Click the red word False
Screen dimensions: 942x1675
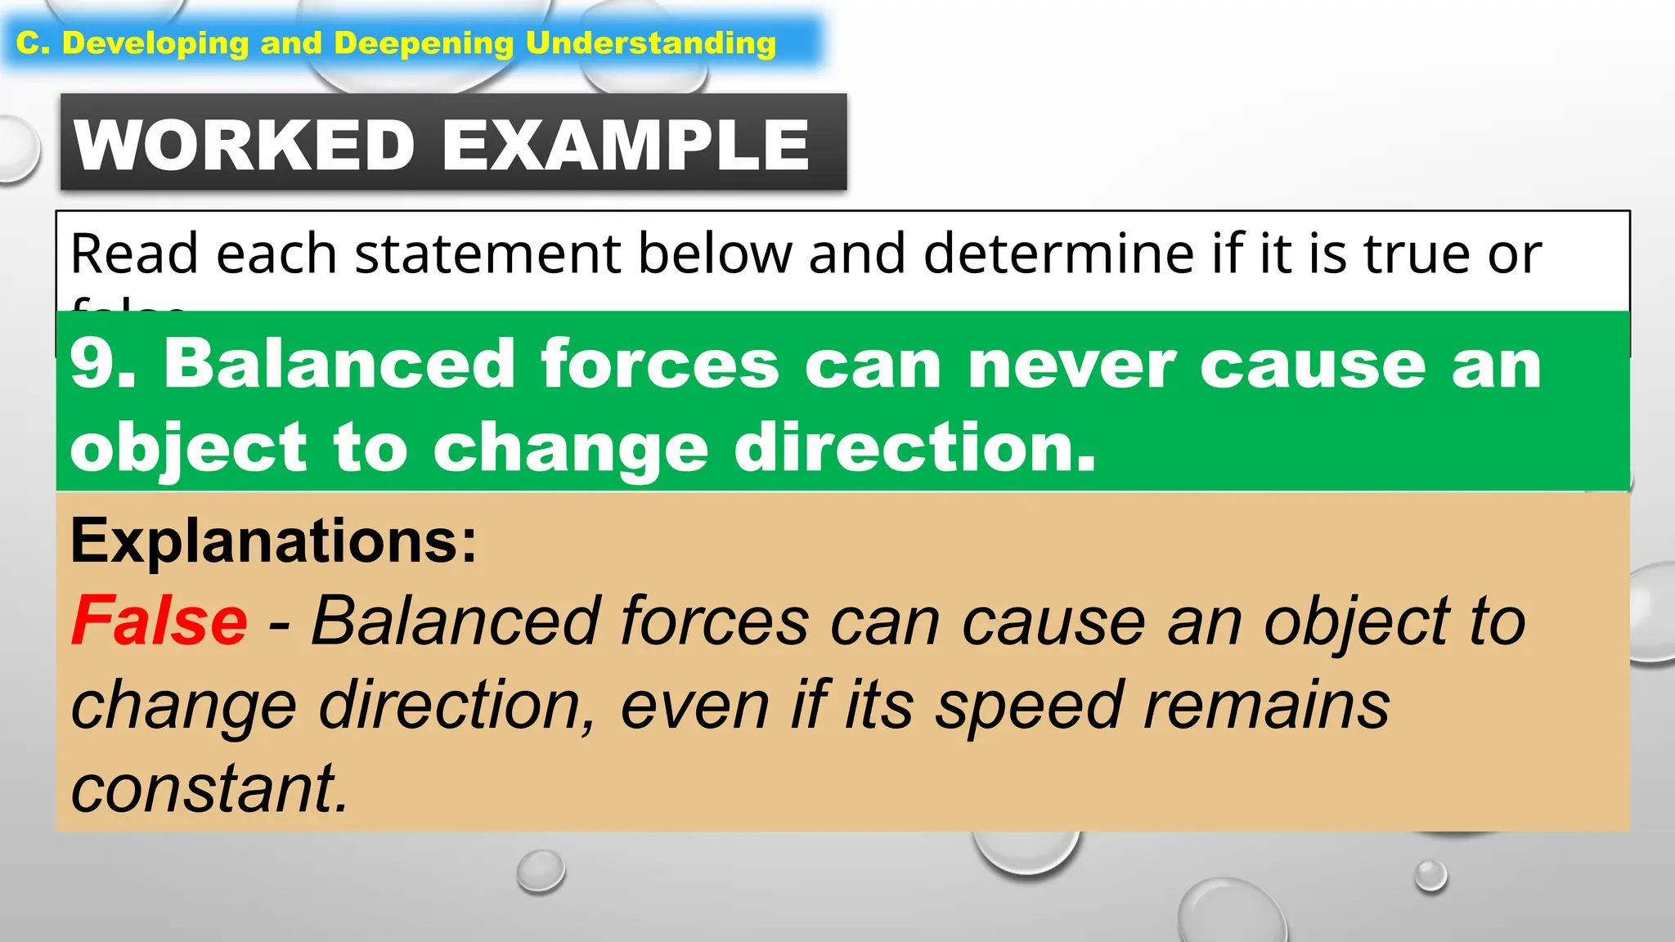pos(159,622)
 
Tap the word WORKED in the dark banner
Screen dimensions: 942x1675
pos(245,145)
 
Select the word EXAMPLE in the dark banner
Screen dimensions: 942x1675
pos(626,145)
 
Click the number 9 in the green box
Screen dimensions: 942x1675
pos(92,364)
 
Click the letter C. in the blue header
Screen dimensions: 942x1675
pos(34,43)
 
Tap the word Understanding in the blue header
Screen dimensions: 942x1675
pos(651,43)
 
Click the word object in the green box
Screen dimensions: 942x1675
pos(189,448)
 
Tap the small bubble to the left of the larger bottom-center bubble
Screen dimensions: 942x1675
pos(541,870)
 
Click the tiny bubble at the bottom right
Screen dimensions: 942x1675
pos(1430,875)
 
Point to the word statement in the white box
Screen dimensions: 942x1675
pos(487,253)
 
